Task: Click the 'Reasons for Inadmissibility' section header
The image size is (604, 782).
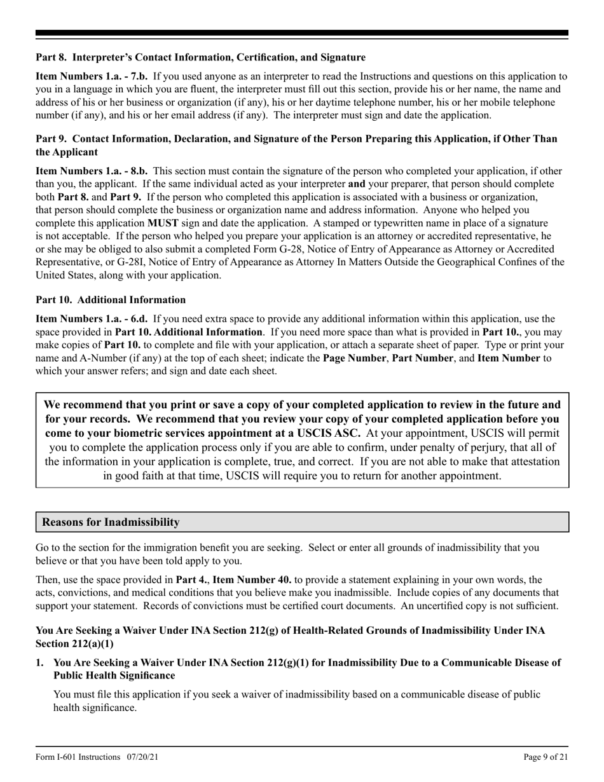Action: click(111, 522)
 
